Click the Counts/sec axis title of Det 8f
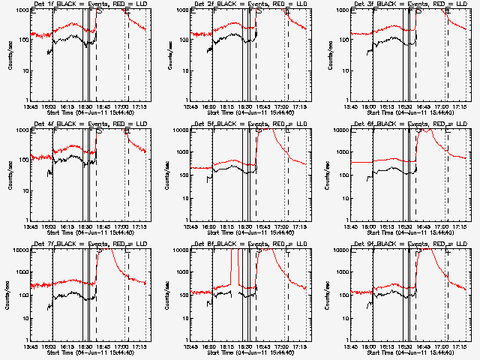tap(166, 295)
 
